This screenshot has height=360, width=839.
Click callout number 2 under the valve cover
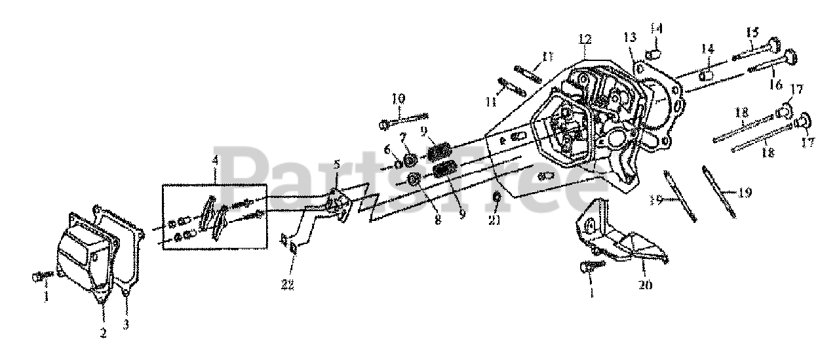pyautogui.click(x=103, y=332)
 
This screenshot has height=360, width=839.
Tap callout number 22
pyautogui.click(x=288, y=284)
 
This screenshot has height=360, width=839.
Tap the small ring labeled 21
pyautogui.click(x=496, y=199)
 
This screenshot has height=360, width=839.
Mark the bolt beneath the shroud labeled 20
pyautogui.click(x=589, y=266)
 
